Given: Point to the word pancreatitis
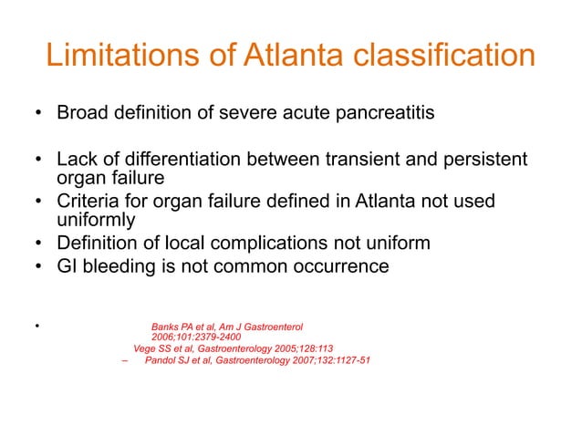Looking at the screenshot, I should point(382,115).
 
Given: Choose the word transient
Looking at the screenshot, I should point(350,161).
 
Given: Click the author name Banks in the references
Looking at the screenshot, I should point(166,326).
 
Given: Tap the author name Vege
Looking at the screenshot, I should point(146,348).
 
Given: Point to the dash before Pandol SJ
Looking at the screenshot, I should point(124,359).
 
